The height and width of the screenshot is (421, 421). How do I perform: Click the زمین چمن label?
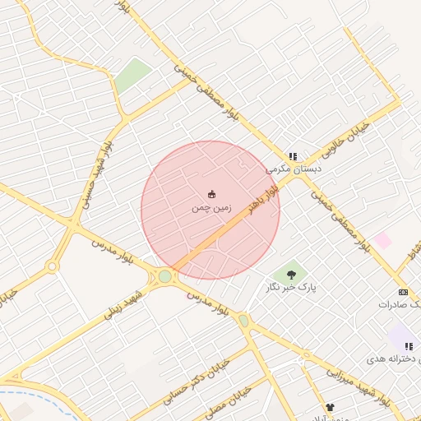(212, 209)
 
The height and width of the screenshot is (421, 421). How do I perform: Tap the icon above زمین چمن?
(212, 195)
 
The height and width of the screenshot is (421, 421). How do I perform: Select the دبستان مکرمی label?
(294, 169)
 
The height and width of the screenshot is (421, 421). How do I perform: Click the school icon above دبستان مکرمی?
(293, 156)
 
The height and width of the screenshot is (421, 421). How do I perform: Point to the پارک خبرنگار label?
(291, 287)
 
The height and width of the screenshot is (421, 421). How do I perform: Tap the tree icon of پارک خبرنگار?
(291, 274)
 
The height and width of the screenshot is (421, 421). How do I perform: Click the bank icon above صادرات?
(403, 292)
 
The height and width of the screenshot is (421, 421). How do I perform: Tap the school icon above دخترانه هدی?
(409, 346)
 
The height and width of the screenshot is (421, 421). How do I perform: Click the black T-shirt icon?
(331, 407)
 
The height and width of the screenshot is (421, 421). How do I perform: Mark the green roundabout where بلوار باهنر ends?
(165, 277)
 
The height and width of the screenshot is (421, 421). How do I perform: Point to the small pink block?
(382, 240)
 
